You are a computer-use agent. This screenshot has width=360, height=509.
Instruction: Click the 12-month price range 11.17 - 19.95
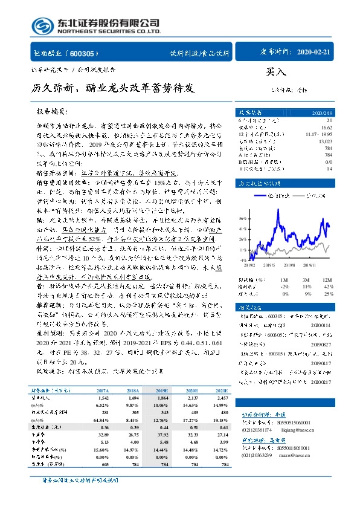(319, 134)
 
